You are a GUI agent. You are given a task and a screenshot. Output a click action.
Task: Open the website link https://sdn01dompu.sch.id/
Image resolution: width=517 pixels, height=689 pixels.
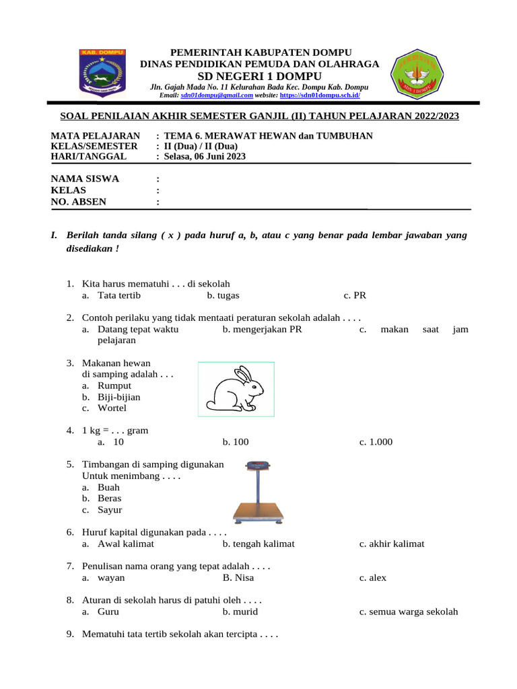pyautogui.click(x=320, y=96)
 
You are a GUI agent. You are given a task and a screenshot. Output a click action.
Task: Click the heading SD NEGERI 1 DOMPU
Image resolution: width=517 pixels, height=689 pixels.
pyautogui.click(x=259, y=76)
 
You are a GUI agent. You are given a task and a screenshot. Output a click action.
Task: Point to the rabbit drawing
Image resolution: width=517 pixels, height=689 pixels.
pyautogui.click(x=236, y=388)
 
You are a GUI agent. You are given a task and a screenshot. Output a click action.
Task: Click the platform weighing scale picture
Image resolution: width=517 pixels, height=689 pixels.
pyautogui.click(x=257, y=493)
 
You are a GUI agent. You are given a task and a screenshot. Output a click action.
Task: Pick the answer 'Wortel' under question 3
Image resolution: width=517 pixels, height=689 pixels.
pyautogui.click(x=112, y=408)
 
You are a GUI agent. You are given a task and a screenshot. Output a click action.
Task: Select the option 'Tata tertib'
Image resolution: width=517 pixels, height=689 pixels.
pyautogui.click(x=119, y=295)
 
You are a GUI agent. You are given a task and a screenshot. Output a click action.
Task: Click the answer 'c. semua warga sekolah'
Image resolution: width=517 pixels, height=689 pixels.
pyautogui.click(x=408, y=612)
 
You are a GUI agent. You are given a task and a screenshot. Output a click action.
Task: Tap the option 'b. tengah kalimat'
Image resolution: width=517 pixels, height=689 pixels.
pyautogui.click(x=258, y=544)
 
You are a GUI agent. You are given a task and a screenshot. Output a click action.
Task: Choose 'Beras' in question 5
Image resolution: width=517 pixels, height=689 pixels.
pyautogui.click(x=110, y=499)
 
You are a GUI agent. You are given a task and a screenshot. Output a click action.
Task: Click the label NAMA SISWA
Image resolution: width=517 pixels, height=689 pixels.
pyautogui.click(x=85, y=178)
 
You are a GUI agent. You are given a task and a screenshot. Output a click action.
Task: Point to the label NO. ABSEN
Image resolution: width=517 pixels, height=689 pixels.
pyautogui.click(x=79, y=201)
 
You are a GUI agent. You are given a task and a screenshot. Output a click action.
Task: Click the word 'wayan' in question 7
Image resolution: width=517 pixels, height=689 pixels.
pyautogui.click(x=111, y=577)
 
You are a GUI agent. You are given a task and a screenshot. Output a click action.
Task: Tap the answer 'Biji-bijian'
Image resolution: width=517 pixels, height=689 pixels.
pyautogui.click(x=119, y=397)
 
